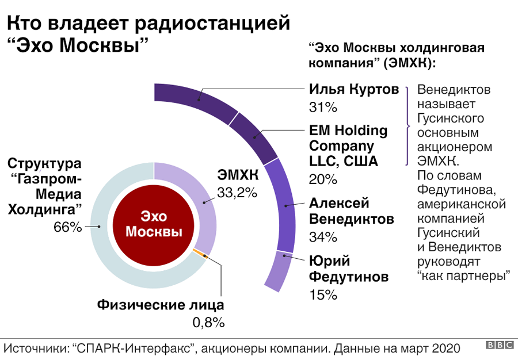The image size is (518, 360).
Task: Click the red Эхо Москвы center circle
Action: (x=154, y=224)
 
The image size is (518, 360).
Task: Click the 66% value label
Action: (x=68, y=227)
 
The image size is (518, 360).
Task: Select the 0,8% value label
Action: (x=208, y=323)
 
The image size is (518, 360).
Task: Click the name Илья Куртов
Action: (x=354, y=90)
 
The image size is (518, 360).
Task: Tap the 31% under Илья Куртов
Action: (x=323, y=108)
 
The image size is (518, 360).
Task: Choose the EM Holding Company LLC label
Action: (x=344, y=145)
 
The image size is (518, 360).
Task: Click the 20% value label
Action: (x=323, y=179)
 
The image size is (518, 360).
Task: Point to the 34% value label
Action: (x=323, y=237)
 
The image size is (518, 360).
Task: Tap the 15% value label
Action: (x=323, y=295)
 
